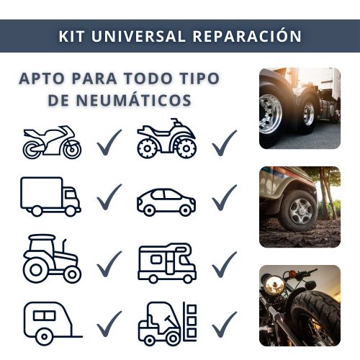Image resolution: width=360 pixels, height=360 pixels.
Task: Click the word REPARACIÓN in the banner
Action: pyautogui.click(x=247, y=36)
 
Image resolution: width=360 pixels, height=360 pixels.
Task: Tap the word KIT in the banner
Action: pyautogui.click(x=71, y=37)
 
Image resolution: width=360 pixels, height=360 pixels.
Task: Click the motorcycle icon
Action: pyautogui.click(x=52, y=142)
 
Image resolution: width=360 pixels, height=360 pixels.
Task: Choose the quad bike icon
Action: pyautogui.click(x=167, y=138)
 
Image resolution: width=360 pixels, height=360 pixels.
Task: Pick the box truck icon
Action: pyautogui.click(x=50, y=197)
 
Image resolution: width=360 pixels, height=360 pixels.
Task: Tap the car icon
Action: pyautogui.click(x=166, y=202)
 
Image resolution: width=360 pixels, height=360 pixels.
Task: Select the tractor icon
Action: pyautogui.click(x=52, y=259)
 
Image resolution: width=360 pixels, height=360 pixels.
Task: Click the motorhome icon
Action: pyautogui.click(x=167, y=263)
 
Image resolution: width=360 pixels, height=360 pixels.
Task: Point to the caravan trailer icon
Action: pyautogui.click(x=53, y=323)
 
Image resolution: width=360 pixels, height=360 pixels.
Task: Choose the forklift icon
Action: pyautogui.click(x=168, y=323)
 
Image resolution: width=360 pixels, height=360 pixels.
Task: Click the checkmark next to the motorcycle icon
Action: pyautogui.click(x=109, y=143)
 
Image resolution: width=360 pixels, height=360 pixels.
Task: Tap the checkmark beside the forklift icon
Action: pyautogui.click(x=225, y=325)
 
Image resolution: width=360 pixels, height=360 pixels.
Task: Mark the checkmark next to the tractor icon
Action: pyautogui.click(x=109, y=264)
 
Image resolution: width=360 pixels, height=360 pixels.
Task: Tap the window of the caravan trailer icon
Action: pyautogui.click(x=44, y=316)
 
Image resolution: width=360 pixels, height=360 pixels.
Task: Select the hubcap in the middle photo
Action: pyautogui.click(x=300, y=211)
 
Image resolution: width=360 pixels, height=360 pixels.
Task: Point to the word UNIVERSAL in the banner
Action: pyautogui.click(x=138, y=37)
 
